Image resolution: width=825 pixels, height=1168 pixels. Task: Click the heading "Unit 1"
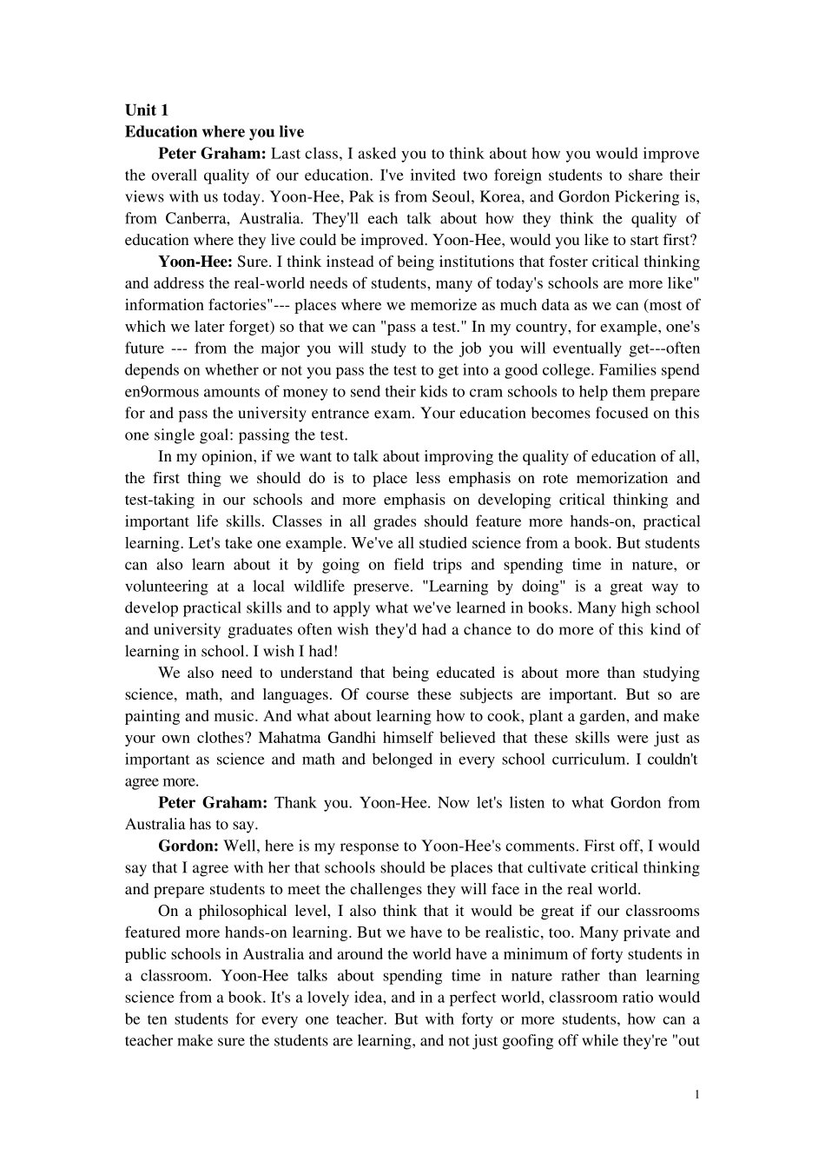coord(147,109)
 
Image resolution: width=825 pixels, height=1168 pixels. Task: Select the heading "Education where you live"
coord(214,132)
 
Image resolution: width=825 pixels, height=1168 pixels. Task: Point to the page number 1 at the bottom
coord(696,1094)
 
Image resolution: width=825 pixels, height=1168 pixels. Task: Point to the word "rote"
coord(556,478)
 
